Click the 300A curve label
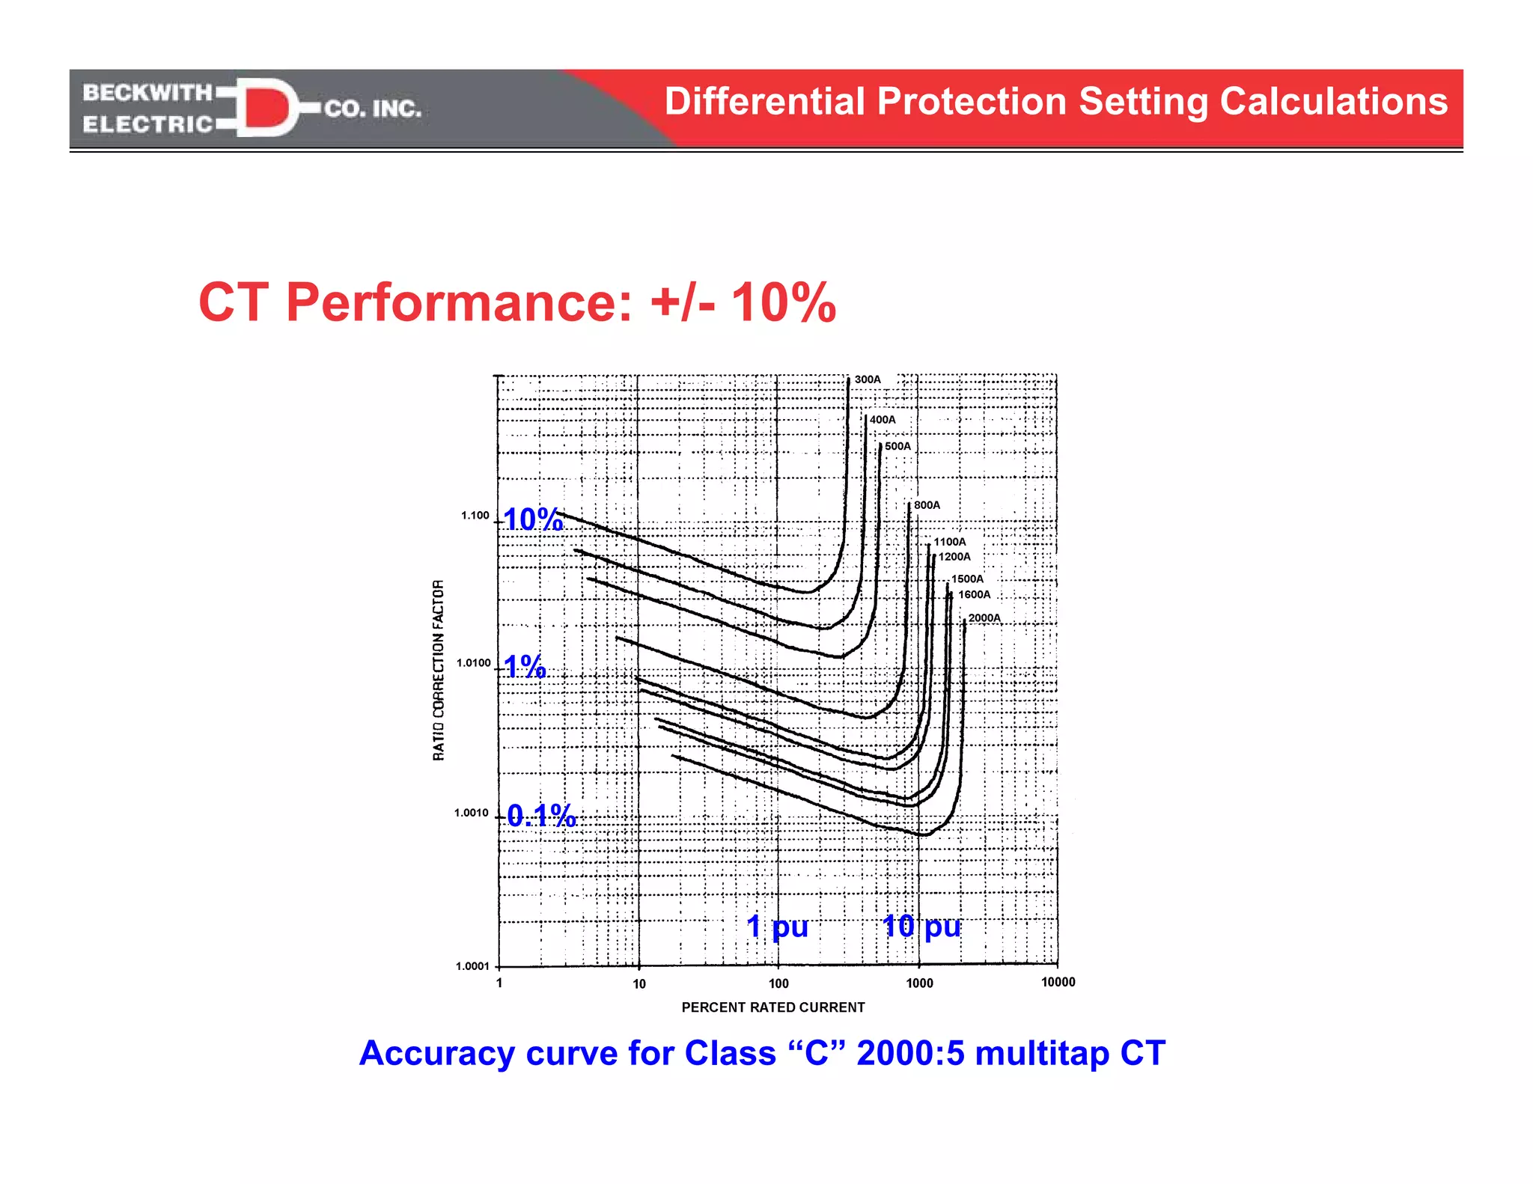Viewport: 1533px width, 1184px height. point(868,379)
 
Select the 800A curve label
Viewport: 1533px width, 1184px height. point(927,505)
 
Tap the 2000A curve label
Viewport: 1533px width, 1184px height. point(984,618)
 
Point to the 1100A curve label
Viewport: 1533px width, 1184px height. point(949,542)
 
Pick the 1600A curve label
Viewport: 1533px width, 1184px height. point(974,595)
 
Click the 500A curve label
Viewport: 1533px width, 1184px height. point(897,446)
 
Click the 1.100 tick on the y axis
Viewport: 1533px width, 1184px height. point(475,516)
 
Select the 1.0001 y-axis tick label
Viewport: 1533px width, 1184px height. point(472,966)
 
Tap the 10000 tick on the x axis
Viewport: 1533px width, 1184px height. point(1058,982)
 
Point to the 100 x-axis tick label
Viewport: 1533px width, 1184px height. point(778,983)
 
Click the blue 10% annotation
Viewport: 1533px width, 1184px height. point(533,519)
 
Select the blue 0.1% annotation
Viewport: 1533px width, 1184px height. point(541,816)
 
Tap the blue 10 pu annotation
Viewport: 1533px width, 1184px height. point(921,927)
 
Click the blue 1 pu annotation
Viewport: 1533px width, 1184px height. point(777,927)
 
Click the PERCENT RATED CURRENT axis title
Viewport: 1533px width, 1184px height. point(772,1007)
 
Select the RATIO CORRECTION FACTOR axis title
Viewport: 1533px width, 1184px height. point(439,670)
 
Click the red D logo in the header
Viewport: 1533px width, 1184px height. point(265,106)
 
